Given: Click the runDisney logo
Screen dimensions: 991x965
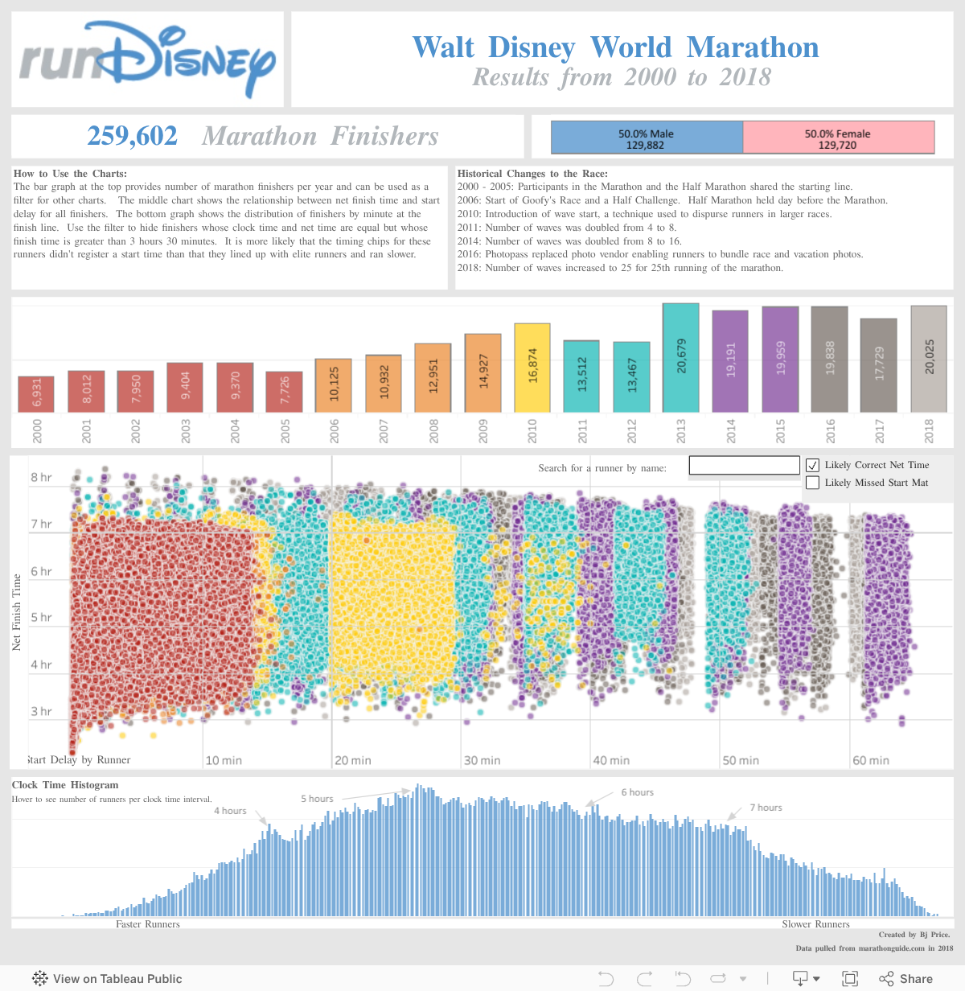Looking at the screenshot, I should tap(147, 60).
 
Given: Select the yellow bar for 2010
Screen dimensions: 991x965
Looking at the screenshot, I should tap(532, 368).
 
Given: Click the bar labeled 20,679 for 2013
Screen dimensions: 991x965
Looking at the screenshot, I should tap(680, 358).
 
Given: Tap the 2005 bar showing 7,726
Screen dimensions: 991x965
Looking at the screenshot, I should tap(285, 392).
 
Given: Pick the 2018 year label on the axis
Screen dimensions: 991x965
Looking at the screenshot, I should tap(929, 431).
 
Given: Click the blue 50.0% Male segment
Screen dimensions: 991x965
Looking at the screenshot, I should tap(647, 138).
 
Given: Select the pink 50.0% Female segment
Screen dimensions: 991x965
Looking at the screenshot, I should tap(838, 138).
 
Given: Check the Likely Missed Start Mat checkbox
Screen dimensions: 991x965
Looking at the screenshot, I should tap(813, 483).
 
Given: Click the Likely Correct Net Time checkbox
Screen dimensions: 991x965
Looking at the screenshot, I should tap(813, 465).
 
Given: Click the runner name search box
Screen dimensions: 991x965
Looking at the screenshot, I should tap(744, 466).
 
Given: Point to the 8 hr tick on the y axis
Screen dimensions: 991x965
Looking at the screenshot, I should tap(41, 478).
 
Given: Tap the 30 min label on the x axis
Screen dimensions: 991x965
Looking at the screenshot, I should tap(482, 760).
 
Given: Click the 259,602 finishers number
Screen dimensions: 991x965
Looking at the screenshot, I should tap(133, 136).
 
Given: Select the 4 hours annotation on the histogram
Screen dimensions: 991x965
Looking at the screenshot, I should tap(230, 811).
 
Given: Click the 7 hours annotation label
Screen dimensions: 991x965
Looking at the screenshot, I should tap(766, 808).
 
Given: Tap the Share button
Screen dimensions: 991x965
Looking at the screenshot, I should tap(907, 979).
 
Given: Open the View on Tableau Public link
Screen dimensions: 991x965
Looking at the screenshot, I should tap(108, 979).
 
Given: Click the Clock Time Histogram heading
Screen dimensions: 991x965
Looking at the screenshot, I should tap(65, 785).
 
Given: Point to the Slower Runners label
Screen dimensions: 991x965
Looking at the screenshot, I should tap(815, 924).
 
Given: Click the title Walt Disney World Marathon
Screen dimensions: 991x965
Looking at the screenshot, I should tap(615, 47).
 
